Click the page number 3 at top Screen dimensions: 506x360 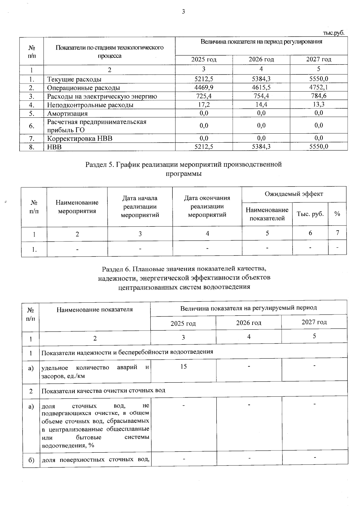tap(183, 12)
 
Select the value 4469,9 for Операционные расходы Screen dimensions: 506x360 tap(204, 87)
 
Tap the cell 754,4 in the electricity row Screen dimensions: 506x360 tap(261, 96)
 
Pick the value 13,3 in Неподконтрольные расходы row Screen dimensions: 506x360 tap(319, 104)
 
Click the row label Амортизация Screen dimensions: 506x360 tap(67, 114)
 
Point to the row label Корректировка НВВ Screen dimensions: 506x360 tap(79, 138)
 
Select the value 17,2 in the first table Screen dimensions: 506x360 tap(204, 105)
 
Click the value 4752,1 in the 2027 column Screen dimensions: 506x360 tap(319, 87)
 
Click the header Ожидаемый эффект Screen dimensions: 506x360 tap(294, 194)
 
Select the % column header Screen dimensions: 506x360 tap(337, 214)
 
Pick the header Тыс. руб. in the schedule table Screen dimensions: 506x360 tap(310, 214)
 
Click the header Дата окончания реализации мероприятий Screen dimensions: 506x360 tap(207, 206)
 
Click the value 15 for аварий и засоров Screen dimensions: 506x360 tap(183, 366)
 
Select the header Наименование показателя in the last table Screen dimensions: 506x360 tap(94, 309)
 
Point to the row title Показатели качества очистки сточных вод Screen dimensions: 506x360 tap(103, 391)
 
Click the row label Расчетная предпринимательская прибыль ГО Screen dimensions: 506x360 tap(97, 126)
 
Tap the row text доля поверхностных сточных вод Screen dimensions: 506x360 tap(95, 460)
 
